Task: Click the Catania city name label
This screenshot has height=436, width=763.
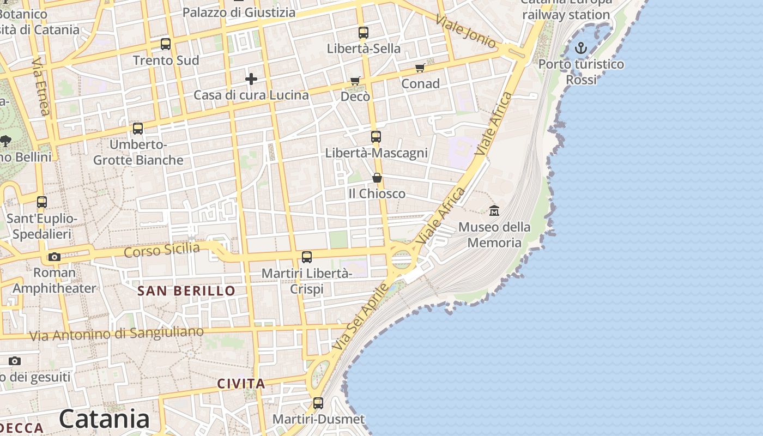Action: pyautogui.click(x=104, y=419)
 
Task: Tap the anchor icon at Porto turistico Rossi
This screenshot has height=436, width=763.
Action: pyautogui.click(x=581, y=49)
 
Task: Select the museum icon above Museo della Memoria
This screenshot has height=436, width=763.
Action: pyautogui.click(x=494, y=210)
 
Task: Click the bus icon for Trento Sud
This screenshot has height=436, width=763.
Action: pyautogui.click(x=166, y=44)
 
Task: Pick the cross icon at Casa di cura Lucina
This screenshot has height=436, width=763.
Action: pyautogui.click(x=251, y=79)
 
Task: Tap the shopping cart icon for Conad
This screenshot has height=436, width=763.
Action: pyautogui.click(x=420, y=68)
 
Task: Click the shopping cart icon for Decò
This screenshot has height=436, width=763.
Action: pyautogui.click(x=355, y=81)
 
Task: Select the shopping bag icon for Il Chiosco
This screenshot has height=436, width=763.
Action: pyautogui.click(x=377, y=178)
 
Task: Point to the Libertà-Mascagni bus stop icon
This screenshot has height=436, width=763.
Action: pyautogui.click(x=376, y=137)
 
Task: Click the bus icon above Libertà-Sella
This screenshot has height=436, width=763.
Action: pyautogui.click(x=364, y=33)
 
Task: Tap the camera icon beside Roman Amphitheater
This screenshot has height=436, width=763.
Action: pyautogui.click(x=54, y=257)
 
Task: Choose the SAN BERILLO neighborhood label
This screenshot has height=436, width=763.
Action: pyautogui.click(x=186, y=291)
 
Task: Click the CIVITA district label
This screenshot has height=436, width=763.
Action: pyautogui.click(x=241, y=384)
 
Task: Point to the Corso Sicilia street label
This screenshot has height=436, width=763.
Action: pyautogui.click(x=162, y=250)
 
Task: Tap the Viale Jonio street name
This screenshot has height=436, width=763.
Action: pyautogui.click(x=466, y=31)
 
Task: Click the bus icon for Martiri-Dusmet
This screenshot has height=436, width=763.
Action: pyautogui.click(x=318, y=403)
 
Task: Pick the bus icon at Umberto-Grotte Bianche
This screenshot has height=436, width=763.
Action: pyautogui.click(x=138, y=129)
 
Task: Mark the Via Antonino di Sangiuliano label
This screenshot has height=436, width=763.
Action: pyautogui.click(x=117, y=333)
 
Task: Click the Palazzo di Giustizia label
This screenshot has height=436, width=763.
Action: pyautogui.click(x=239, y=12)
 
